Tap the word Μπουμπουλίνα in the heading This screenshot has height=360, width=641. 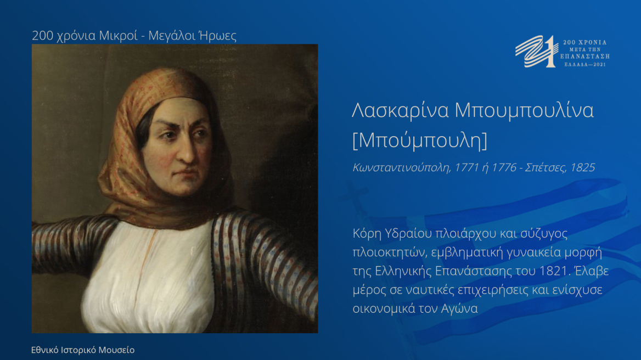524,110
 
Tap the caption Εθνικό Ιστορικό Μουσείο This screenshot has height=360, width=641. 83,350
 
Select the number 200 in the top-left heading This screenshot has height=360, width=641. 42,36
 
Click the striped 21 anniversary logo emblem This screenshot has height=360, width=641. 536,51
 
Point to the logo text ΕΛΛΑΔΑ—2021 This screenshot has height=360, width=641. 587,64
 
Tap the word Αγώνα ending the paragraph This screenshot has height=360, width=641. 459,308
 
